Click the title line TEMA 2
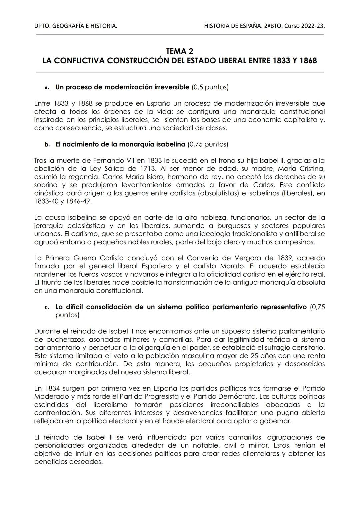[179, 51]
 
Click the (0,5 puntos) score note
[210, 87]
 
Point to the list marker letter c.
[47, 307]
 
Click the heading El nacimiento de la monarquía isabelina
[120, 144]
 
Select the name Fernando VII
[112, 161]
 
